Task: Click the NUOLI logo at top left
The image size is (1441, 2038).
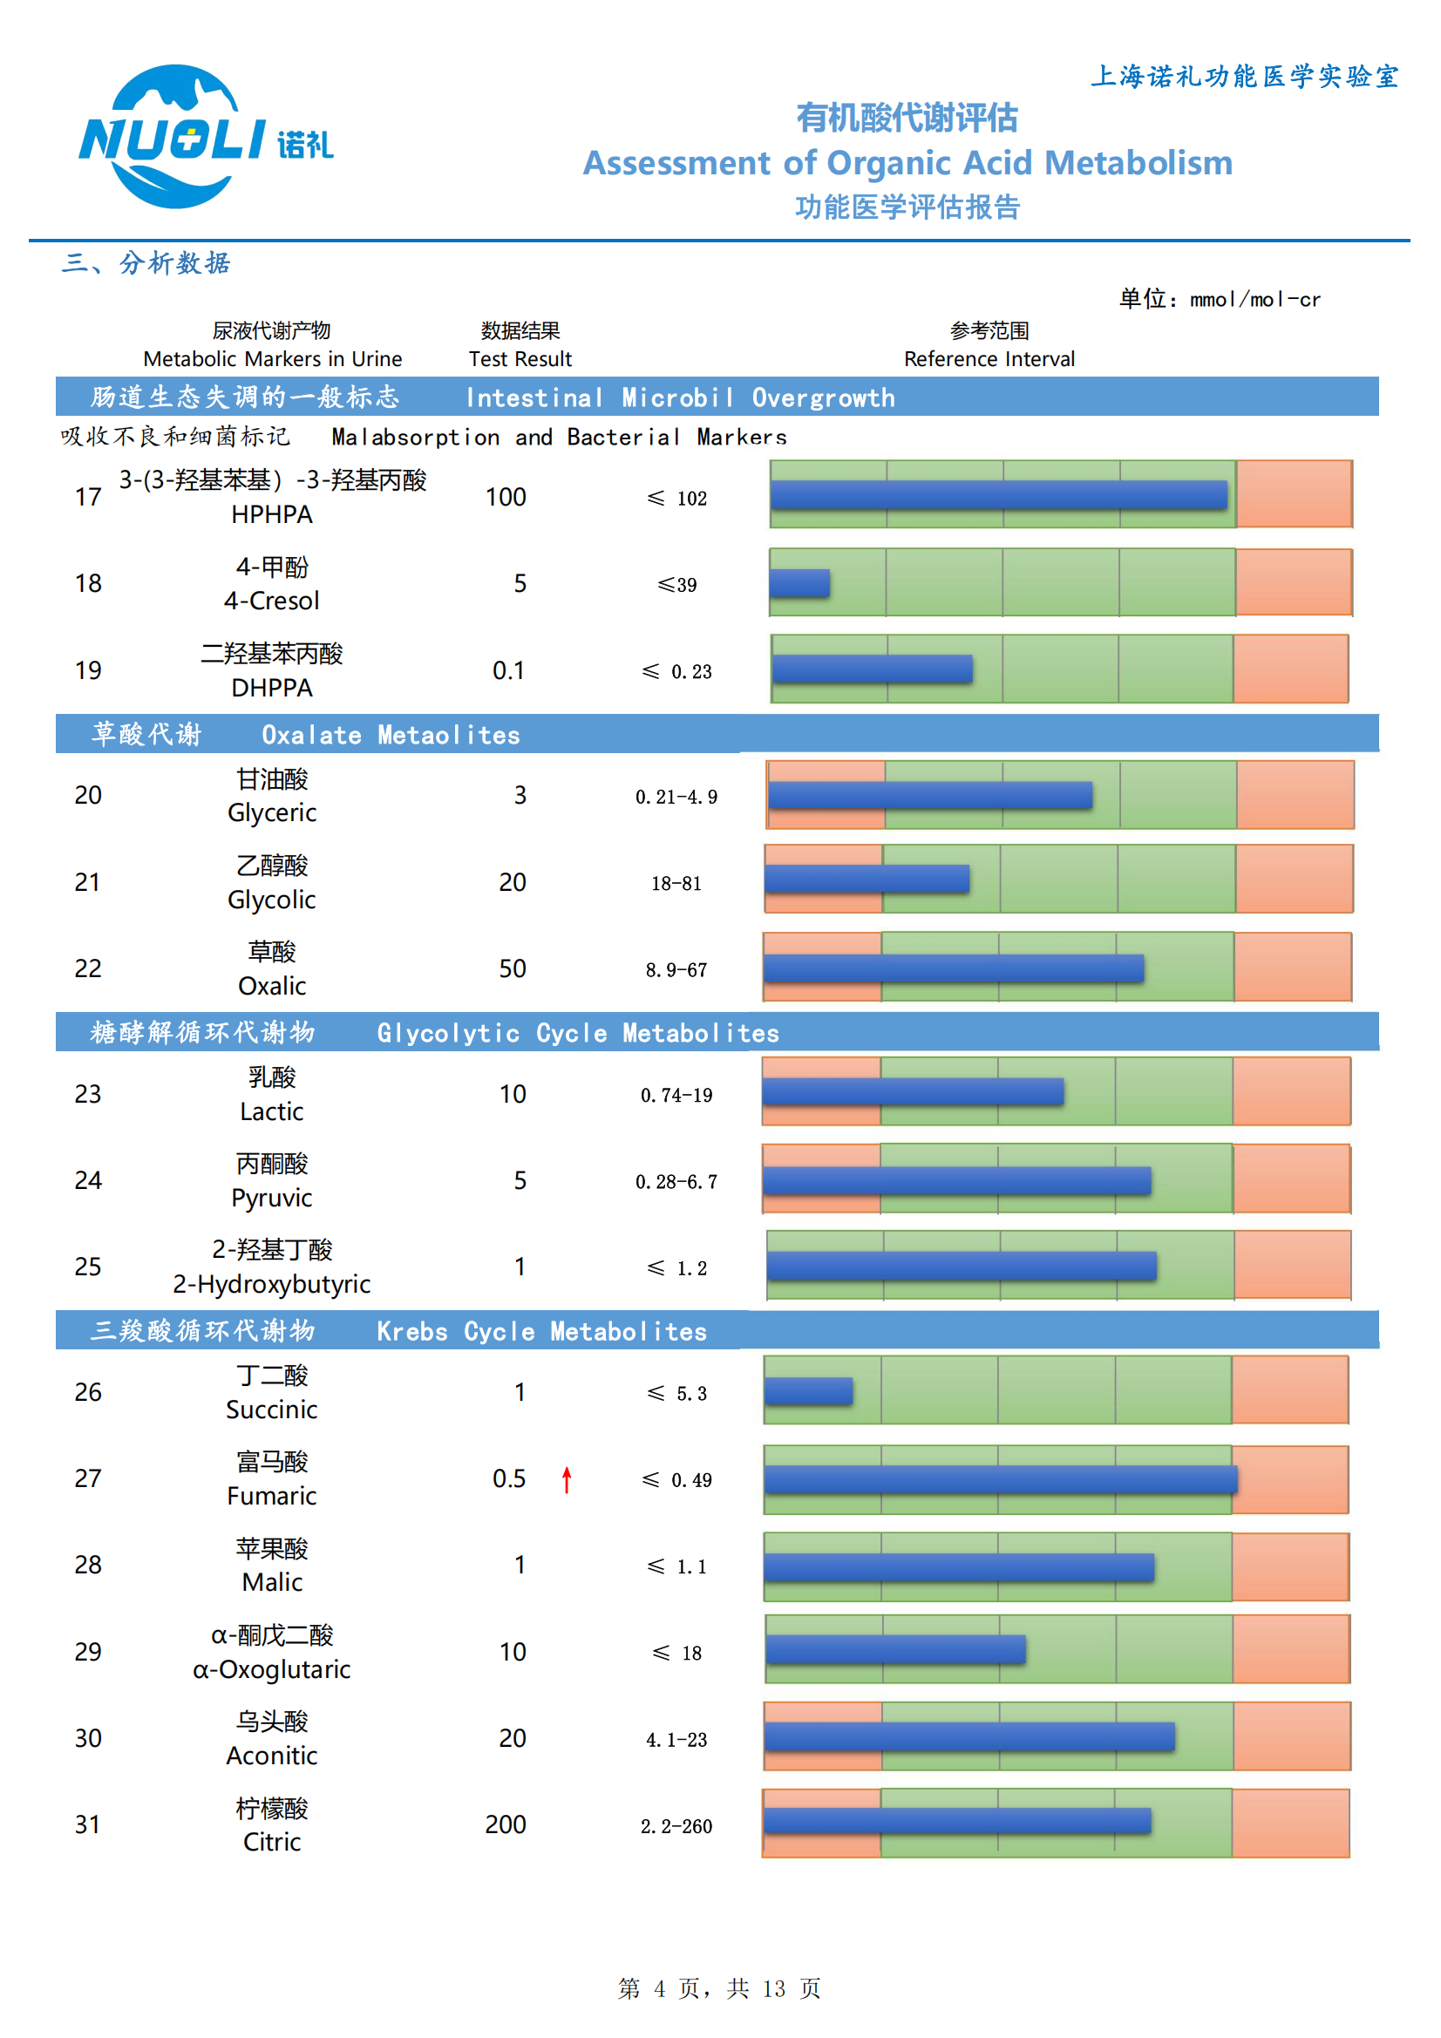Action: (204, 138)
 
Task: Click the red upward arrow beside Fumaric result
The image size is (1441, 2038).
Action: (567, 1478)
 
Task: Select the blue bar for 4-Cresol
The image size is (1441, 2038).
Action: (800, 583)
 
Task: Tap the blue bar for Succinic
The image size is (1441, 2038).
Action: (809, 1391)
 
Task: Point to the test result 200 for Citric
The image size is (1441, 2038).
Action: (506, 1824)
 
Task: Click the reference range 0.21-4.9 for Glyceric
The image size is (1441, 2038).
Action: (676, 797)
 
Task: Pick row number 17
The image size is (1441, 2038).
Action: (88, 497)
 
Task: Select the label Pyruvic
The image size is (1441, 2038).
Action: (272, 1198)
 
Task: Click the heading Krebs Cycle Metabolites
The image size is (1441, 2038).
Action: (541, 1331)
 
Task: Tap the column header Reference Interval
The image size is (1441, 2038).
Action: (989, 358)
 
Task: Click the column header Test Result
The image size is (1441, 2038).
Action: (520, 358)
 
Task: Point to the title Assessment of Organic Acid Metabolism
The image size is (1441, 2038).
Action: (907, 163)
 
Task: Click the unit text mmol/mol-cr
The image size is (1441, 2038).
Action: (1254, 300)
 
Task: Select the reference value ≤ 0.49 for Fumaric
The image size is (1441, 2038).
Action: (676, 1479)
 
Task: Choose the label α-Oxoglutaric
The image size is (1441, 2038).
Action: (272, 1669)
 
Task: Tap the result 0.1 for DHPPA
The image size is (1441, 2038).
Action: (508, 670)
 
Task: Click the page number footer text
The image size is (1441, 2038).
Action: (719, 1988)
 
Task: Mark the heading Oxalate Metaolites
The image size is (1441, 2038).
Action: (391, 735)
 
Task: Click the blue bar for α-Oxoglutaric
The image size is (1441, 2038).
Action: (895, 1649)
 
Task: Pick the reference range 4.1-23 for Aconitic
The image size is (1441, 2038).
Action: (676, 1740)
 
